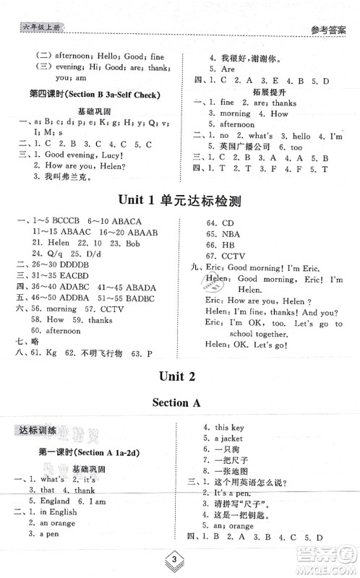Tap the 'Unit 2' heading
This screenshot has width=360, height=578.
point(179,375)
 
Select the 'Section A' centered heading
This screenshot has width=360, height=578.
point(179,402)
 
